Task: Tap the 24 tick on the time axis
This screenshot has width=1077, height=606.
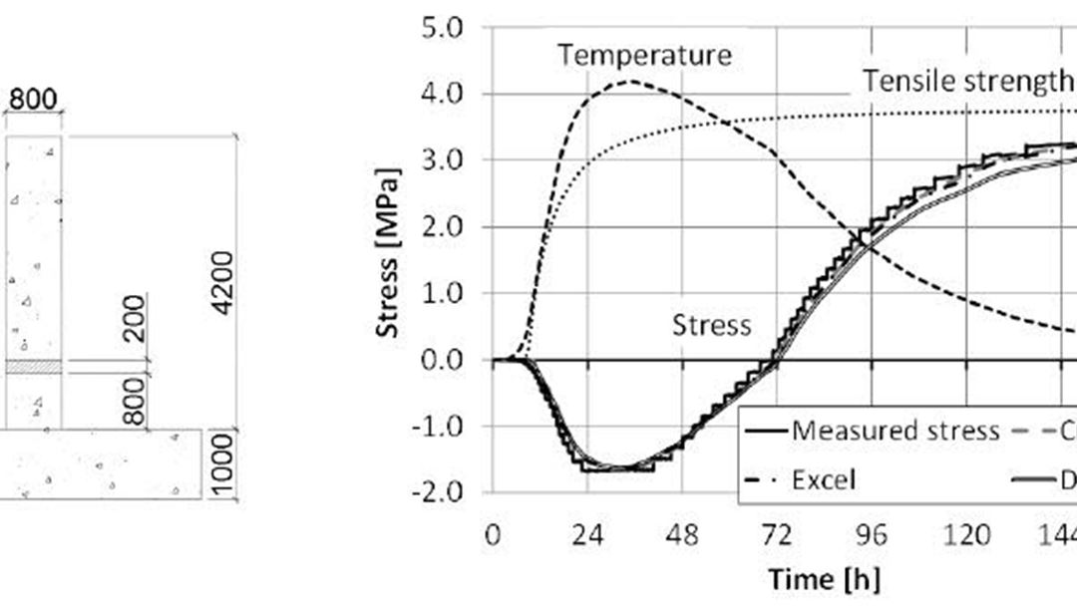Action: [587, 535]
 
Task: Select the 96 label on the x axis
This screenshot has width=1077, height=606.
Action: [871, 535]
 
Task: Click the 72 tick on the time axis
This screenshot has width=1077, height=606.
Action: [777, 535]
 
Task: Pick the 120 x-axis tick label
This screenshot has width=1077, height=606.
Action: [964, 535]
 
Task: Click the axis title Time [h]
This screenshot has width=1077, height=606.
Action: [824, 578]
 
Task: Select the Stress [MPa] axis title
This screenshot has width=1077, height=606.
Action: [391, 253]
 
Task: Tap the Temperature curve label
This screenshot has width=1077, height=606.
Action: [644, 55]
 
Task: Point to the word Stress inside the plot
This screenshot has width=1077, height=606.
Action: [711, 325]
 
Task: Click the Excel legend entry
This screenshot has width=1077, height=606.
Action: [823, 479]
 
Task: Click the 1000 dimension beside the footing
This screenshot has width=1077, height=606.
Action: [223, 464]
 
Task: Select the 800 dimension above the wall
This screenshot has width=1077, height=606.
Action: [33, 99]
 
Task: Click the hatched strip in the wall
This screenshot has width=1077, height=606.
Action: [33, 368]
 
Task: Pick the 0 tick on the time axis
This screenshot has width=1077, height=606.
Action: [493, 535]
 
